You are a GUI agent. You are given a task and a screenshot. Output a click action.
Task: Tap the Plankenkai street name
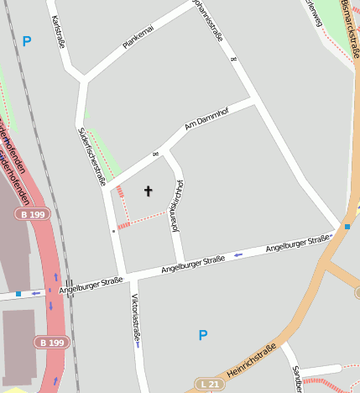[x=138, y=37]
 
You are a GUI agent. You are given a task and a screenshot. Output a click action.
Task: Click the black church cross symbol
[x=149, y=191]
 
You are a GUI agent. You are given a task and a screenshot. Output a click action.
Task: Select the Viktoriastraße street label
[x=135, y=320]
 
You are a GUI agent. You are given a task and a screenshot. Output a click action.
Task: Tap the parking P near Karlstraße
[x=27, y=41]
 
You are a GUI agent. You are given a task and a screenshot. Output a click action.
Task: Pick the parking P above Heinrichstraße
[x=202, y=335]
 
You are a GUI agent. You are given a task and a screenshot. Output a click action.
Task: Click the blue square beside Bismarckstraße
[x=347, y=226]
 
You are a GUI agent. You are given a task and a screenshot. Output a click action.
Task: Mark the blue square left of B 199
[x=18, y=294]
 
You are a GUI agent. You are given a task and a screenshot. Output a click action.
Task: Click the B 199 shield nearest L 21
[x=52, y=342]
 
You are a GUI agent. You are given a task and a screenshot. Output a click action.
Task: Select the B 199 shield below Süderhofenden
[x=33, y=214]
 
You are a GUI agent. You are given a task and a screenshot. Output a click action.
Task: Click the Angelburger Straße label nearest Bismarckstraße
[x=296, y=244]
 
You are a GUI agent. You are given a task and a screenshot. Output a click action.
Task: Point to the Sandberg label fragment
[x=296, y=379]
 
